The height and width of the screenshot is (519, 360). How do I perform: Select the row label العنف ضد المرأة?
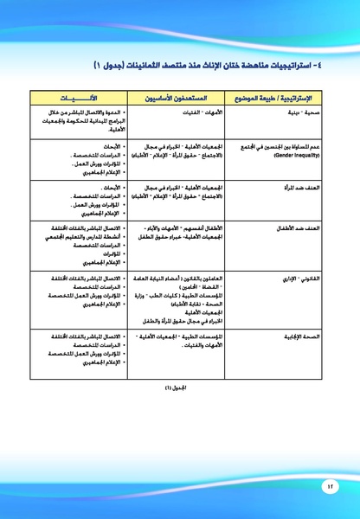tap(299, 186)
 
